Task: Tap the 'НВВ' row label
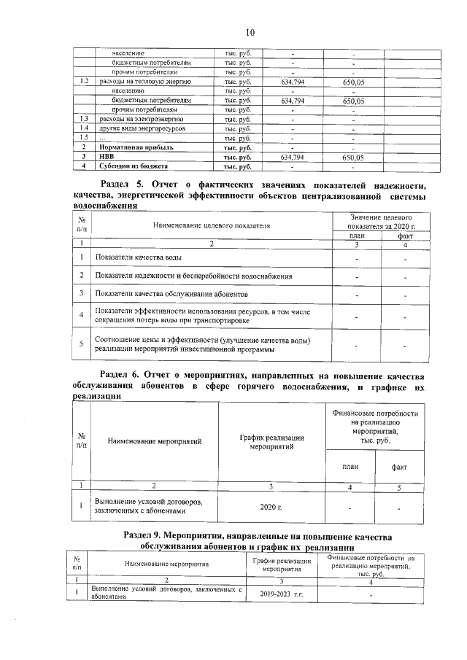click(x=107, y=156)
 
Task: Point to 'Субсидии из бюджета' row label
click(x=127, y=166)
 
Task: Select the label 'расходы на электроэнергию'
click(x=141, y=118)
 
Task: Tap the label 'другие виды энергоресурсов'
click(x=143, y=128)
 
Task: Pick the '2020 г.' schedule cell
click(x=271, y=505)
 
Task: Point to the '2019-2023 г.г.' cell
click(x=282, y=594)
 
